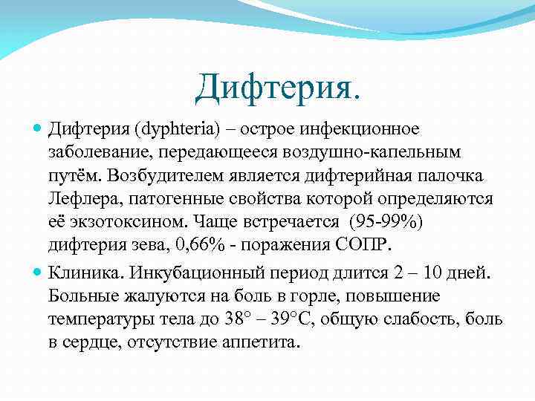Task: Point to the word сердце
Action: [x=94, y=344]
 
